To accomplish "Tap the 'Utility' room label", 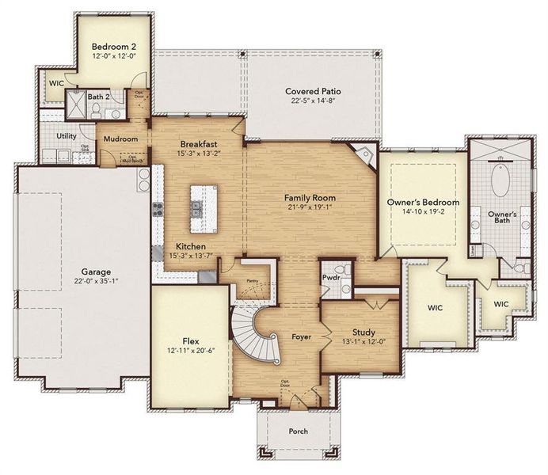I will point(66,135).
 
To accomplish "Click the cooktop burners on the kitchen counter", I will point(158,210).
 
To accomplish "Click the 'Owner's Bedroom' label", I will point(419,203).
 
